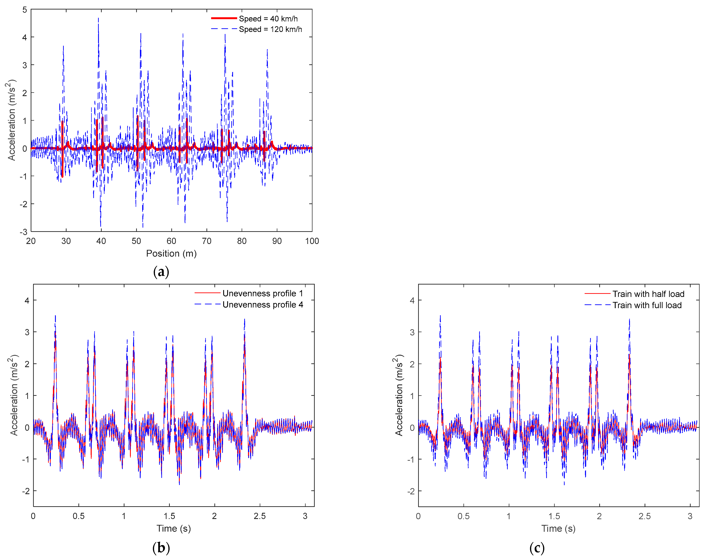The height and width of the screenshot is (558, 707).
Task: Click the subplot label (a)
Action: pyautogui.click(x=161, y=272)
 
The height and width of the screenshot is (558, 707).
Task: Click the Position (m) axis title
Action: pyautogui.click(x=171, y=253)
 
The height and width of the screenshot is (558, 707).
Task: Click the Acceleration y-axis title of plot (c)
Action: pyautogui.click(x=399, y=395)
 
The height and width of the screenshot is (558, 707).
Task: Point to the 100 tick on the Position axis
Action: pyautogui.click(x=312, y=241)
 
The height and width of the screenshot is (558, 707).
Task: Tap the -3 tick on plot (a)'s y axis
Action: pyautogui.click(x=23, y=232)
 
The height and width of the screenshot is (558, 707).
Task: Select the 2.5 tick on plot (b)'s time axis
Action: pyautogui.click(x=260, y=516)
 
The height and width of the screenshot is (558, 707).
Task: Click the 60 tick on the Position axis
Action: pyautogui.click(x=171, y=241)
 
